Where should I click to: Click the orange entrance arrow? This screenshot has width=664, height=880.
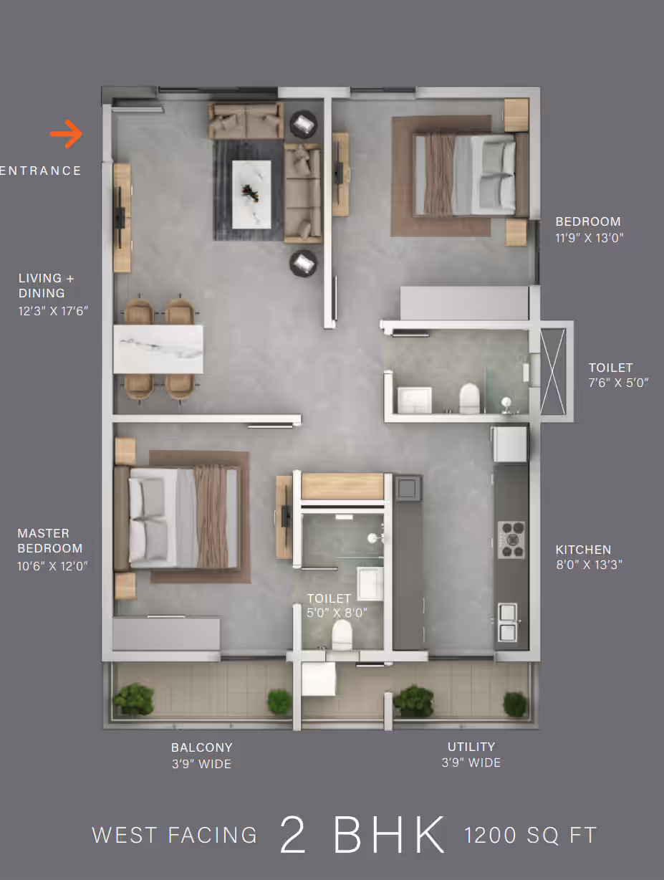67,134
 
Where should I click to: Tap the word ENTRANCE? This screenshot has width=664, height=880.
41,171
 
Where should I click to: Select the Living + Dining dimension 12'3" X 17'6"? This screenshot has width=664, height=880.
53,311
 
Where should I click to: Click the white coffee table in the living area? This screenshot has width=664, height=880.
251,194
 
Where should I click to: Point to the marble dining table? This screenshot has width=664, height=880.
158,349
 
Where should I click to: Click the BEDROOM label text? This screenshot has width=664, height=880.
588,221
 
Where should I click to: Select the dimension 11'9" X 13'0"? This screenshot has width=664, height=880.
589,238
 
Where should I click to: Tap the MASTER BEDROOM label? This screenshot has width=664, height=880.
49,541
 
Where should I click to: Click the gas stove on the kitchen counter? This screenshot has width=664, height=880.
511,540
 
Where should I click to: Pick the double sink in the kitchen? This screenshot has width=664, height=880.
508,623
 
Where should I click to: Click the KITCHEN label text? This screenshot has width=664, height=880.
583,550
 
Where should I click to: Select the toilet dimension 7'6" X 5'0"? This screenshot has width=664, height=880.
618,383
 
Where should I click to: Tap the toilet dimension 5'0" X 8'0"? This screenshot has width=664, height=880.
337,613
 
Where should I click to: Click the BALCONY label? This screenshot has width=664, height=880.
201,747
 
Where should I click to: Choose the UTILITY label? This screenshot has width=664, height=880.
471,747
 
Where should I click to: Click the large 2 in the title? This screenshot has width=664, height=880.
293,835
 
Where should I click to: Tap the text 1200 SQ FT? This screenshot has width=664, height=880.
531,836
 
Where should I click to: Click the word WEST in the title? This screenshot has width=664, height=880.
125,836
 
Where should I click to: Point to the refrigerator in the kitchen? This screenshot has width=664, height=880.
510,444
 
